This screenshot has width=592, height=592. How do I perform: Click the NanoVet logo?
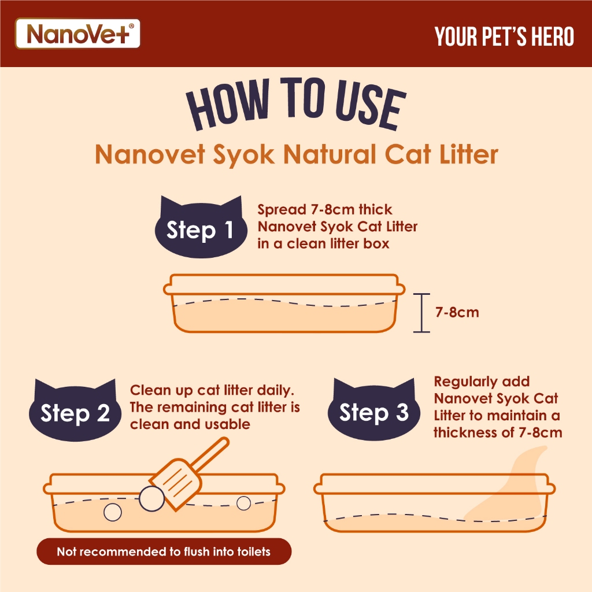tap(77, 34)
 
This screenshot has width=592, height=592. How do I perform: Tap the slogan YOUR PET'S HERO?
tap(504, 36)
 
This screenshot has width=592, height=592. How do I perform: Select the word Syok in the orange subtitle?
tap(243, 154)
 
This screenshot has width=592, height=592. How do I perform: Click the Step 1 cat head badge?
tap(201, 227)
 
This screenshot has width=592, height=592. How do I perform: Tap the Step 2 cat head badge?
tap(75, 410)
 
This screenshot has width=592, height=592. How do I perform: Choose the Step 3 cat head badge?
tap(374, 409)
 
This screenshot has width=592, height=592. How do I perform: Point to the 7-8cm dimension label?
tap(457, 313)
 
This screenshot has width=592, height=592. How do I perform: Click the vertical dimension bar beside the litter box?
tap(421, 313)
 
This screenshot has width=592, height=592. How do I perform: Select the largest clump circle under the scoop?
tap(152, 499)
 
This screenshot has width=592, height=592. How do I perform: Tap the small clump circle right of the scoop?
tap(243, 503)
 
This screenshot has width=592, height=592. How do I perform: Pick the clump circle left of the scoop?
tap(113, 512)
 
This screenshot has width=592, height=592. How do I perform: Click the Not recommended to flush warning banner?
tap(164, 552)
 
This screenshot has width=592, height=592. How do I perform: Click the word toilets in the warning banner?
tap(254, 552)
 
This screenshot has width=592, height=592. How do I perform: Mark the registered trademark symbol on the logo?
tap(131, 26)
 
